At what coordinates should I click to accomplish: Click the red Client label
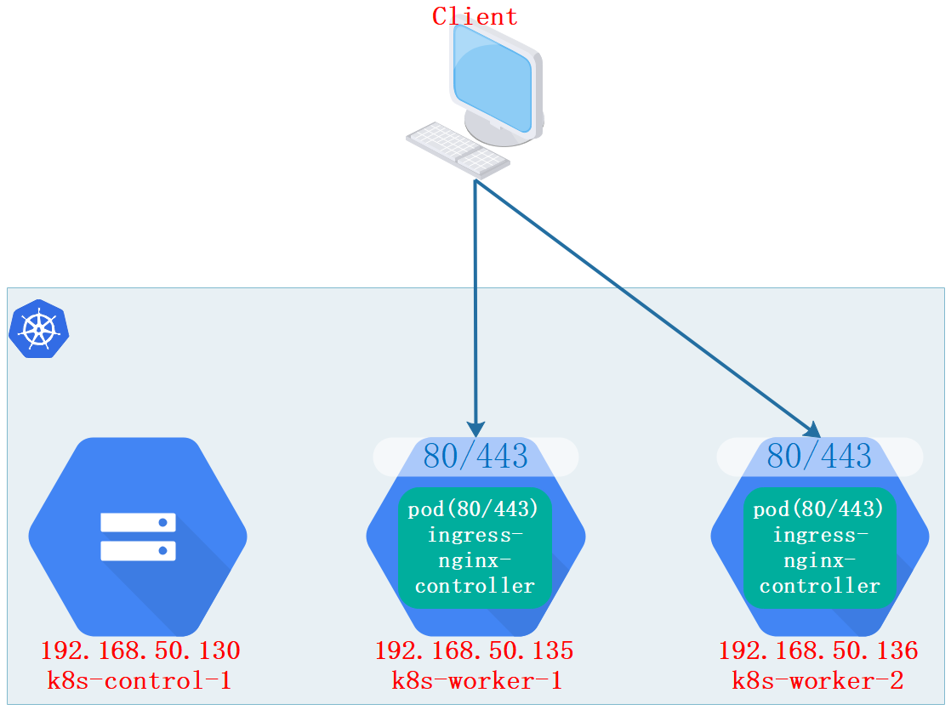[x=475, y=16]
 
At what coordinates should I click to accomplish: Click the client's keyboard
[x=458, y=148]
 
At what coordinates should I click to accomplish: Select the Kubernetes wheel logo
[x=38, y=329]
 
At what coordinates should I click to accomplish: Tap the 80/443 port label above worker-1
[x=475, y=457]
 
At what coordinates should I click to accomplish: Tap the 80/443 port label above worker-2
[x=819, y=457]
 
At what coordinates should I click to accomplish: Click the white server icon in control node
[x=138, y=537]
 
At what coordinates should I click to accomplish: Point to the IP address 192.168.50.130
[x=140, y=651]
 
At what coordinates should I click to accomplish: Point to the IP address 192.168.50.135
[x=475, y=650]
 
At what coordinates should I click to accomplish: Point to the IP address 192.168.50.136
[x=818, y=651]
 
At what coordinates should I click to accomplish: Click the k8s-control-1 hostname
[x=140, y=681]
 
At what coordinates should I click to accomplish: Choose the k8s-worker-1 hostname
[x=475, y=681]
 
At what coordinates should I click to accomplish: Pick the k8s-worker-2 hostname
[x=818, y=681]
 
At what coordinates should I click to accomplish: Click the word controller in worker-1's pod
[x=475, y=586]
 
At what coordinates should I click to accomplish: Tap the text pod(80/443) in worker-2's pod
[x=819, y=509]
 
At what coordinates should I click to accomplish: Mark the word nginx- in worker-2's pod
[x=819, y=560]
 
